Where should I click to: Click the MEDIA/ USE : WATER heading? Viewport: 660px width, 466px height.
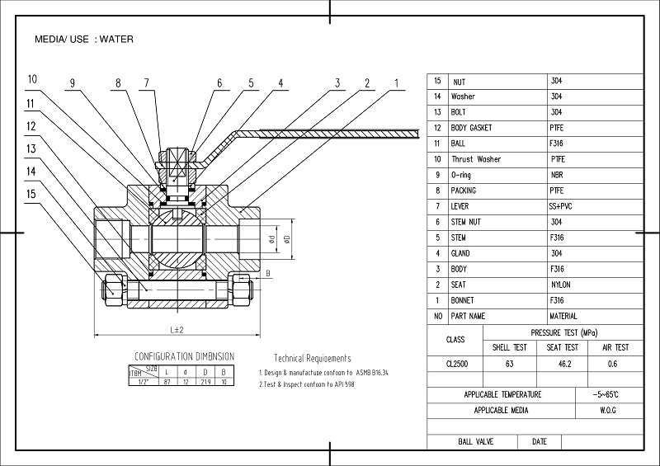click(x=84, y=39)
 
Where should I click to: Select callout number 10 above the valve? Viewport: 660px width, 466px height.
click(x=31, y=80)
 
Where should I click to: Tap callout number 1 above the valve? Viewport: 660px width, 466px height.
click(x=396, y=82)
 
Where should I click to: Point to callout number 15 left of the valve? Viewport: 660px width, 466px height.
click(x=31, y=194)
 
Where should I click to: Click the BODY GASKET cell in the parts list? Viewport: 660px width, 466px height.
click(x=471, y=128)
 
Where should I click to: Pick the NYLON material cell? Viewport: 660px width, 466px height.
click(x=560, y=285)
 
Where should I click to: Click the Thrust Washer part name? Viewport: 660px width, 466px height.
click(x=476, y=159)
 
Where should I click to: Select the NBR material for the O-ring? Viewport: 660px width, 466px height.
click(x=557, y=175)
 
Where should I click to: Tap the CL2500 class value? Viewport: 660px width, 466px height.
click(x=455, y=364)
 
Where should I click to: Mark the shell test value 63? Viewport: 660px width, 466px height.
click(x=509, y=364)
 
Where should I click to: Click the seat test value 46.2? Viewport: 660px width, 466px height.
click(x=563, y=364)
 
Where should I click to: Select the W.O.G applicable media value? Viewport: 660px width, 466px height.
click(x=609, y=410)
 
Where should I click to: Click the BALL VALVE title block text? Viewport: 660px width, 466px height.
click(x=475, y=442)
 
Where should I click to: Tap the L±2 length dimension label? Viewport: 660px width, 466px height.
click(x=177, y=330)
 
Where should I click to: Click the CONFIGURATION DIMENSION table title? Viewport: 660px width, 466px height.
click(x=184, y=357)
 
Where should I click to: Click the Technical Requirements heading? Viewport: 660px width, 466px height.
click(x=312, y=359)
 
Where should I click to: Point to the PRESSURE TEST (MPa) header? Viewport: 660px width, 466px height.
click(x=565, y=332)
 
